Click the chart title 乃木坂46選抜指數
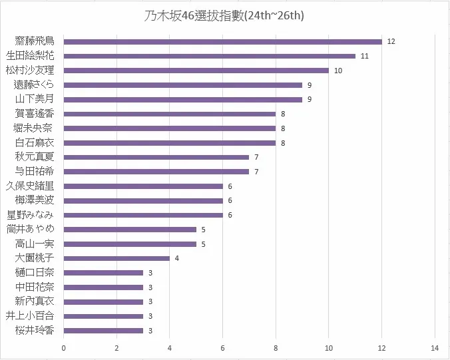click(225, 15)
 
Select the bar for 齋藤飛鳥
click(222, 41)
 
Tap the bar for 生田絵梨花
click(209, 56)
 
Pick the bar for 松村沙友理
click(196, 71)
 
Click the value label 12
click(391, 41)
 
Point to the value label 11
click(365, 56)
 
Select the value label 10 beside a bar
click(338, 71)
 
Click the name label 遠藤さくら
click(34, 85)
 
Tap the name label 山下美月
click(34, 99)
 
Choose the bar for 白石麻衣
click(169, 142)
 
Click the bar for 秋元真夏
click(156, 157)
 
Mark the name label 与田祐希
click(34, 172)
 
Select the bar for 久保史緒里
click(142, 186)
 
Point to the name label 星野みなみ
click(31, 215)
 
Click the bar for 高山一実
click(129, 244)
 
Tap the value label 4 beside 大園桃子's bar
click(177, 258)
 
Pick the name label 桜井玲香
click(34, 331)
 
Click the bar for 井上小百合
click(103, 316)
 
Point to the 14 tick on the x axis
click(435, 347)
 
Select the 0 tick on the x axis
click(63, 347)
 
